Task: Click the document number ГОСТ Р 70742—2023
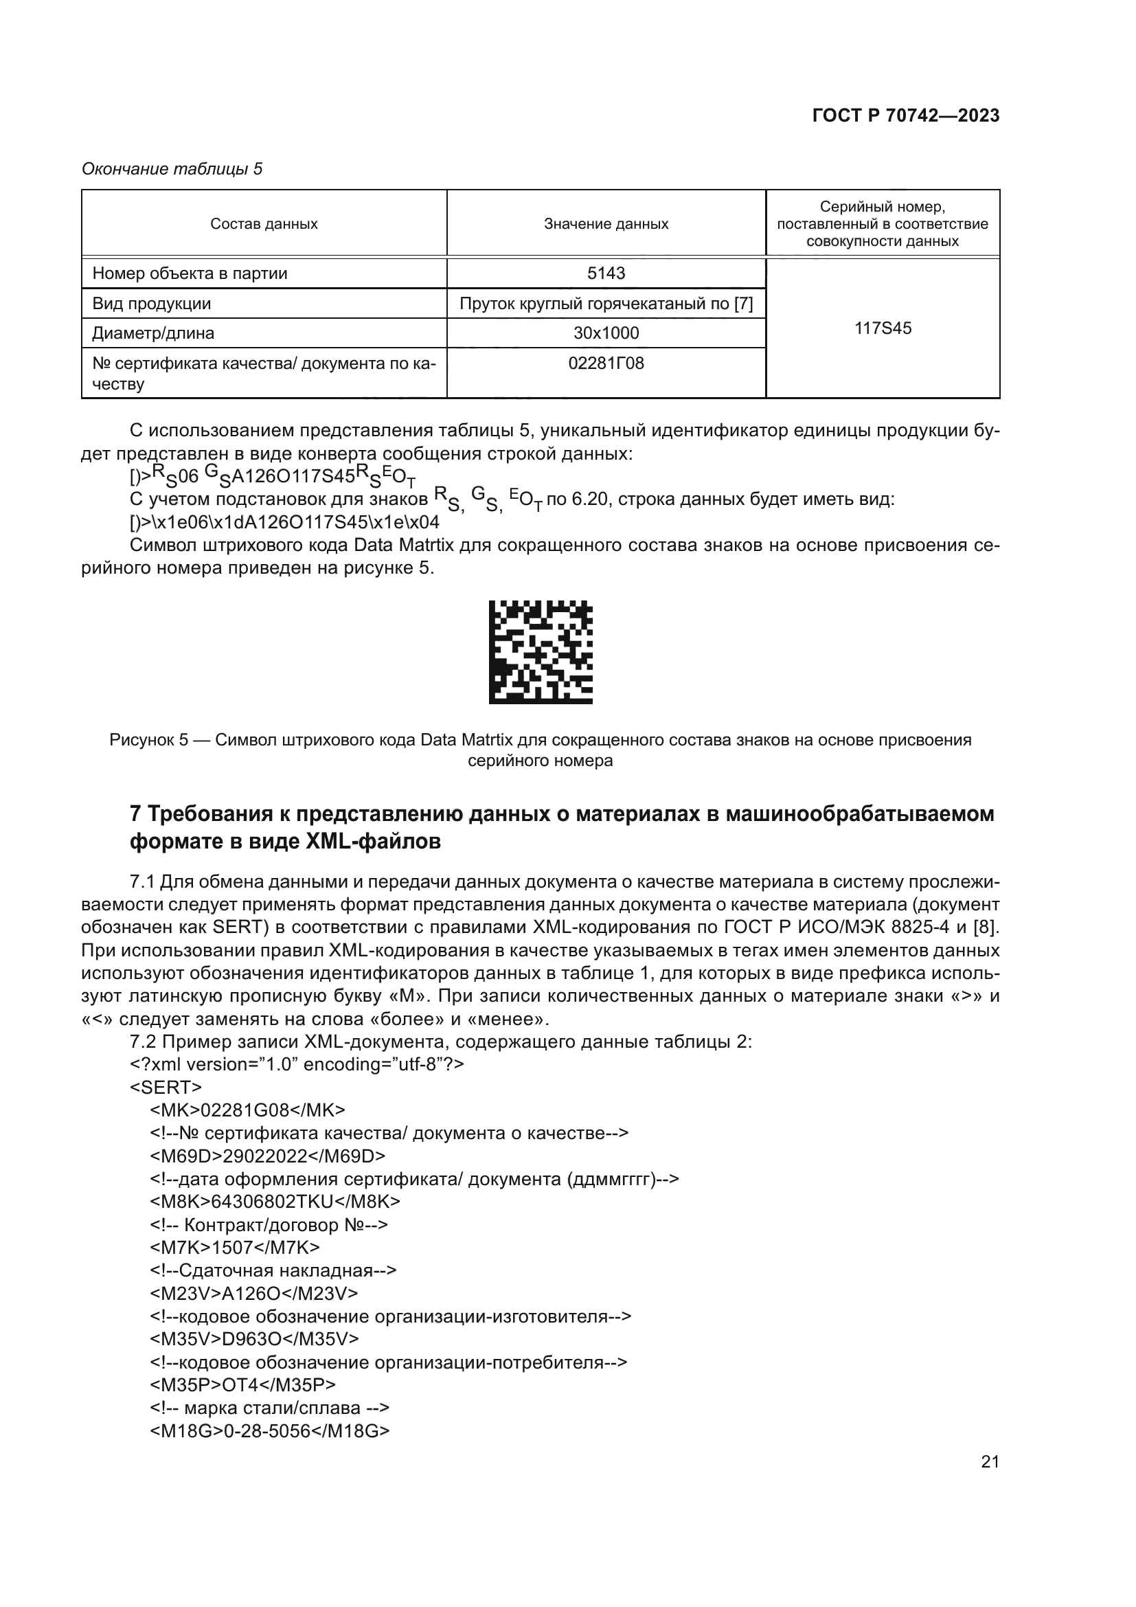click(x=905, y=115)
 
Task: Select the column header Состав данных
click(x=264, y=224)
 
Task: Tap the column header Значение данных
click(x=606, y=224)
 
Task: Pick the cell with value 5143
click(x=606, y=273)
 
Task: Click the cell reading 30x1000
click(x=606, y=333)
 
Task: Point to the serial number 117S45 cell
click(x=883, y=328)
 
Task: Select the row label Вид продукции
click(x=152, y=304)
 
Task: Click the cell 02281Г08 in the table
click(x=606, y=363)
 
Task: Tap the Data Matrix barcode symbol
click(x=540, y=651)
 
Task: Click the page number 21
click(x=990, y=1461)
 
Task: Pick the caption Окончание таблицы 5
click(x=172, y=169)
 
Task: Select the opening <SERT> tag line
click(x=166, y=1087)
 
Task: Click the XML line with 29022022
click(x=267, y=1156)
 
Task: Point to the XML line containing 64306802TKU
click(x=275, y=1201)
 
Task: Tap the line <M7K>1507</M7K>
click(x=234, y=1246)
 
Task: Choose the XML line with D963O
click(x=254, y=1338)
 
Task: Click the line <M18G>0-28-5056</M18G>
click(x=269, y=1430)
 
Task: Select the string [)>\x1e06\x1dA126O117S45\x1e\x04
click(x=285, y=522)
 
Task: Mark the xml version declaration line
click(x=297, y=1064)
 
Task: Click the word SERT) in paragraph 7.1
click(x=241, y=927)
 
